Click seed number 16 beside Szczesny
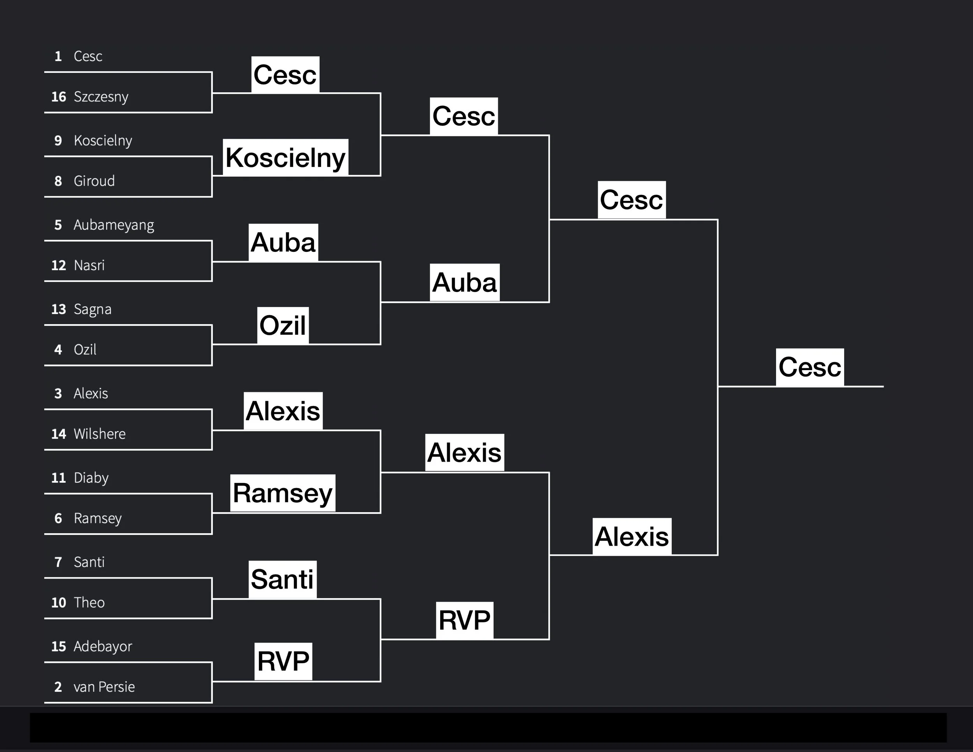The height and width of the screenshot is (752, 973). click(x=58, y=97)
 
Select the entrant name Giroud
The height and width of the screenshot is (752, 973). click(x=94, y=181)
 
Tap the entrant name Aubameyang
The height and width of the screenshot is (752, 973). click(x=114, y=225)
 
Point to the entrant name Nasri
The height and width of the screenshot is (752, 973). click(x=89, y=265)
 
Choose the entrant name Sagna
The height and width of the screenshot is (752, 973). click(x=92, y=309)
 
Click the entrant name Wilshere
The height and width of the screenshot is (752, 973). click(x=99, y=434)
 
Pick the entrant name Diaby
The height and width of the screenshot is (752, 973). click(x=91, y=478)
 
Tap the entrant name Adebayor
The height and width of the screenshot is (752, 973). click(x=103, y=647)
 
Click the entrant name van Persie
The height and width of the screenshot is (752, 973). click(x=104, y=687)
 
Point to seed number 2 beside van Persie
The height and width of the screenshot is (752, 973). click(x=58, y=687)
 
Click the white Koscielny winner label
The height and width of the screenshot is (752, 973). click(x=285, y=158)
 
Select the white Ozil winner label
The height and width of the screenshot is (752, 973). click(x=283, y=326)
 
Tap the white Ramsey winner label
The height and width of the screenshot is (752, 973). click(x=283, y=493)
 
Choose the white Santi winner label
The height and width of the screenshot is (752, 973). click(x=283, y=580)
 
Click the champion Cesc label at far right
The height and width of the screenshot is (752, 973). click(x=810, y=367)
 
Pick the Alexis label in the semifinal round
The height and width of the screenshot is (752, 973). click(x=632, y=536)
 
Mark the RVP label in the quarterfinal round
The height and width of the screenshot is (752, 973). click(x=465, y=620)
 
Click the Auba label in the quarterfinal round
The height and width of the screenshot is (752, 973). click(x=465, y=283)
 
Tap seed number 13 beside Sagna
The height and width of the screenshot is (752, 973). click(x=58, y=309)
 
